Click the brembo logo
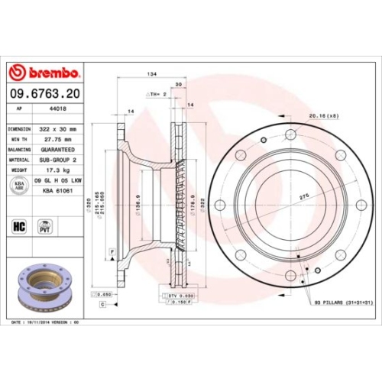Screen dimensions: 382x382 (44, 73)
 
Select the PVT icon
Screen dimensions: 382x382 (45, 226)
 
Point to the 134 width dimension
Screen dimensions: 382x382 (151, 73)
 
